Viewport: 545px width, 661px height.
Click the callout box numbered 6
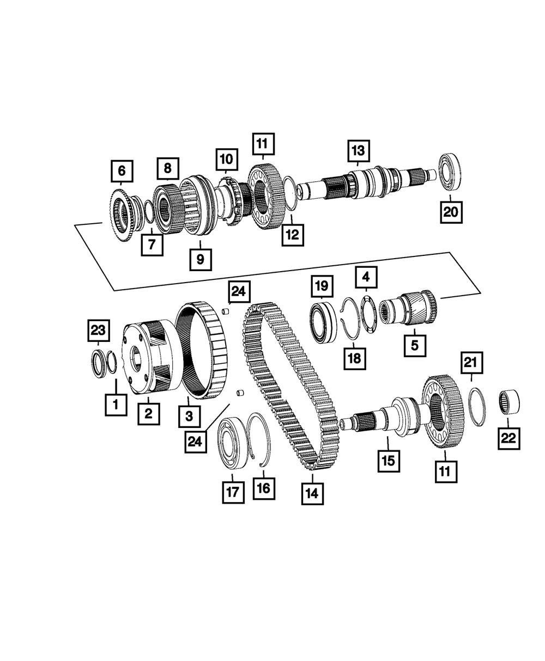point(121,171)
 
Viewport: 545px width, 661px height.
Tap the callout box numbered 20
point(451,212)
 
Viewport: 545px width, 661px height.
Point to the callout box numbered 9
point(200,259)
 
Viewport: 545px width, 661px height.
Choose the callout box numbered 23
point(99,330)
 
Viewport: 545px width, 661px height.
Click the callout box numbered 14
point(312,493)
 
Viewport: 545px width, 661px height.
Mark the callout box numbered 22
point(508,438)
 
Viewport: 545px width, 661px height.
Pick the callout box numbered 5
point(414,345)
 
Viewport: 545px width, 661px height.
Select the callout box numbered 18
point(355,358)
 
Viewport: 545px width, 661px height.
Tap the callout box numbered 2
point(148,413)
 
